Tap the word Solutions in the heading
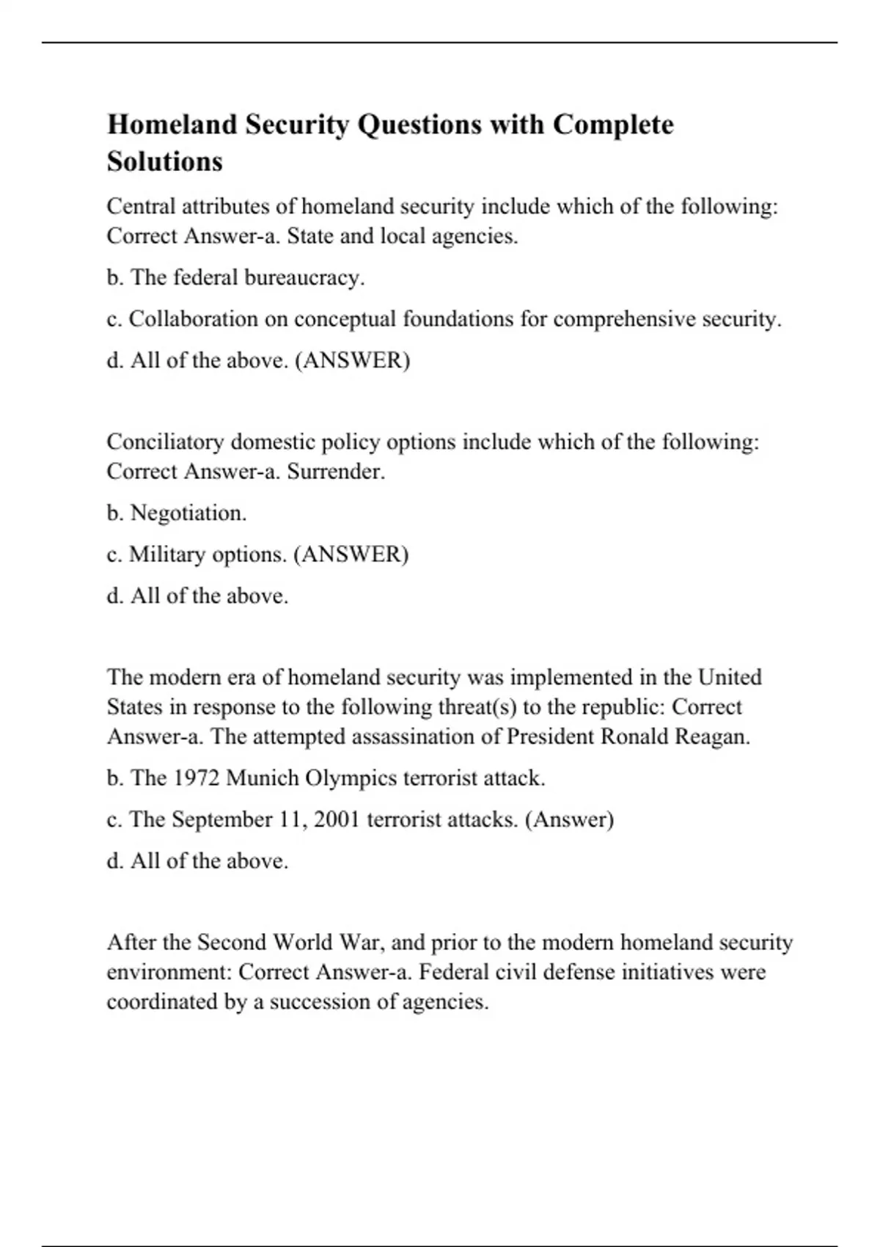click(x=164, y=161)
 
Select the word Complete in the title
click(x=613, y=125)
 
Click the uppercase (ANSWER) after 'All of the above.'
click(x=352, y=361)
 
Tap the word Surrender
click(x=335, y=472)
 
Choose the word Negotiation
click(x=188, y=513)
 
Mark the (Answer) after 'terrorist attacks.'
click(x=569, y=819)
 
